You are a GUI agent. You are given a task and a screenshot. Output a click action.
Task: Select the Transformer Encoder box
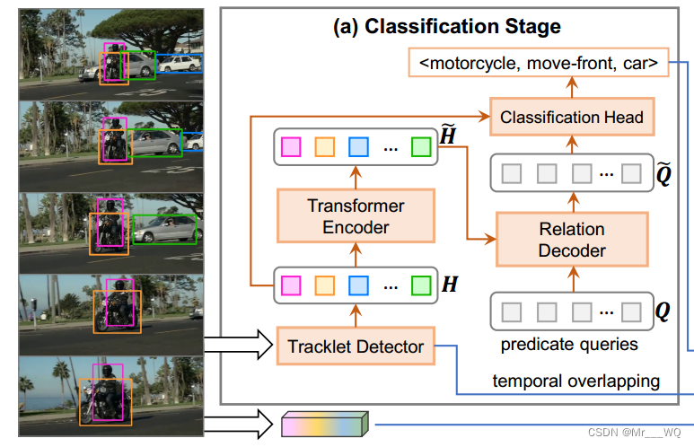coord(356,215)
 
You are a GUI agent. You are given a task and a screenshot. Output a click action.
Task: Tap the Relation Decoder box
coord(572,239)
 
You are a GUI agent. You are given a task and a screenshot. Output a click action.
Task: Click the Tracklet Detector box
coord(356,346)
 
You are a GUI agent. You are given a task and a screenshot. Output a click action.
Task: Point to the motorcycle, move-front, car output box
coord(539,63)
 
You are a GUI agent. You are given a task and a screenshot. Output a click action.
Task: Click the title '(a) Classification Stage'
coord(446,27)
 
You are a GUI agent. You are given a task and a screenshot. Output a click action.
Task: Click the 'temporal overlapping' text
coord(575,381)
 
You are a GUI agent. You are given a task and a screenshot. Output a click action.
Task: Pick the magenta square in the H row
coord(291,285)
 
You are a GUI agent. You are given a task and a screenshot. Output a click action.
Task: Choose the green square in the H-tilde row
coord(420,146)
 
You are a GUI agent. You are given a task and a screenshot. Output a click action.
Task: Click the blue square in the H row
coord(357,285)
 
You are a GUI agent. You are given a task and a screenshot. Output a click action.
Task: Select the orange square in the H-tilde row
coord(324,146)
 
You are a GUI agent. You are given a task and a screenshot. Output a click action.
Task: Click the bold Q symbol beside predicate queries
coord(663,312)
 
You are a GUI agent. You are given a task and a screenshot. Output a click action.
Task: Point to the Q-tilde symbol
coord(663,172)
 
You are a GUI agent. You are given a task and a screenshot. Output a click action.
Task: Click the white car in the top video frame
coord(180,63)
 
